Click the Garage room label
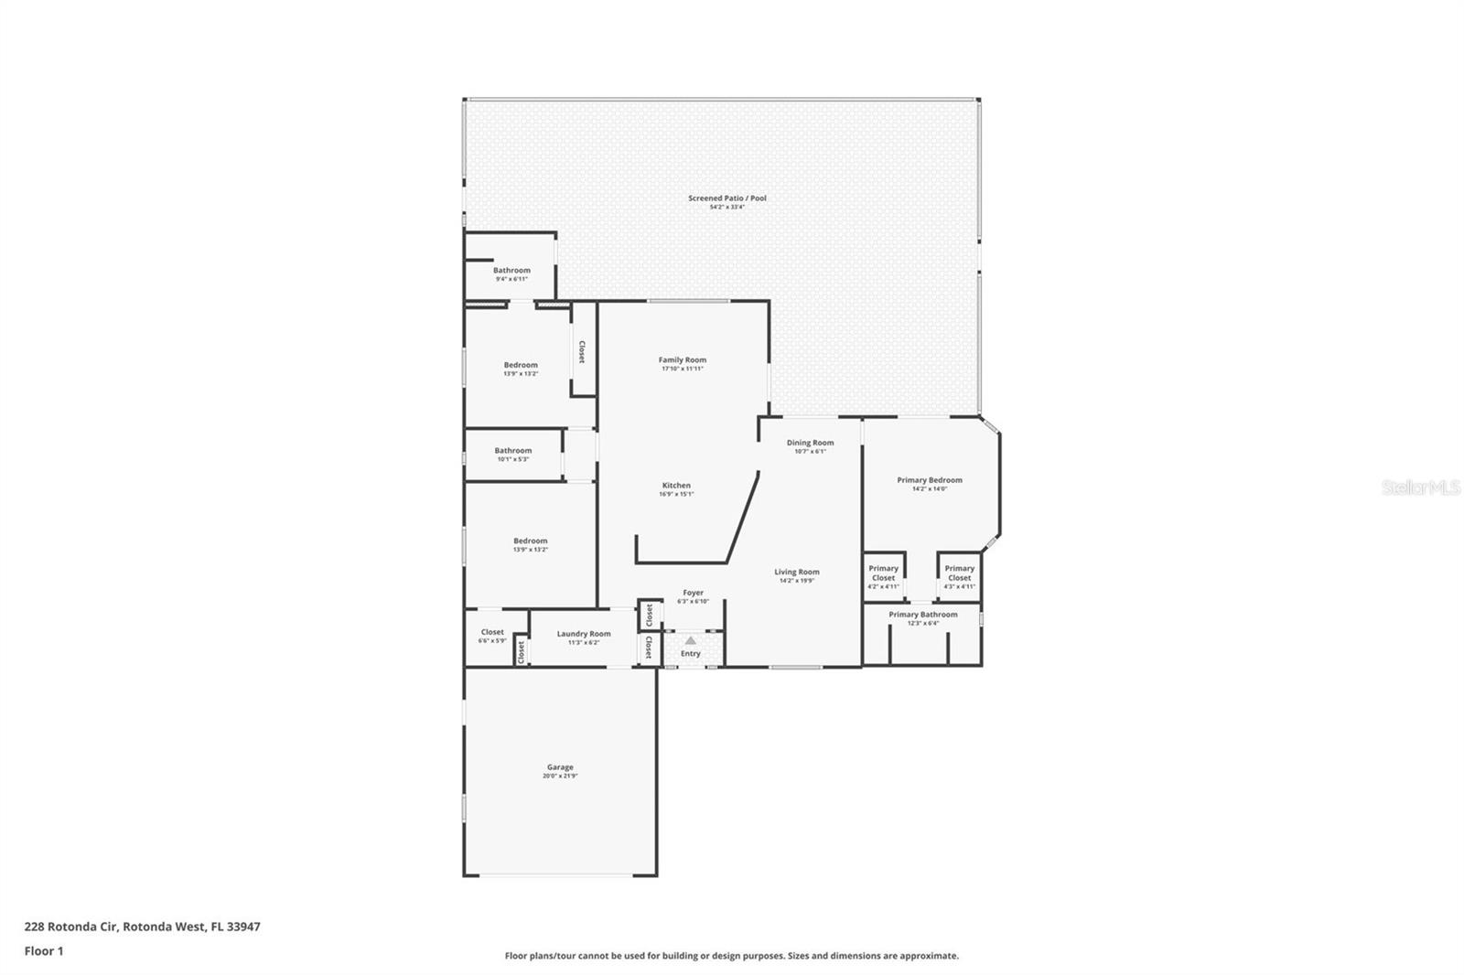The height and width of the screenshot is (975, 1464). (560, 767)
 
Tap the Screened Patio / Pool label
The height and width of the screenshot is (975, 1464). (727, 198)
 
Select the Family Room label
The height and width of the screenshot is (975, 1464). (683, 359)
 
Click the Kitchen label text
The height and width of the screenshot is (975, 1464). (676, 486)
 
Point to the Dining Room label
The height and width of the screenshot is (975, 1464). (810, 443)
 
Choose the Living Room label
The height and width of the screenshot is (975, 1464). (797, 572)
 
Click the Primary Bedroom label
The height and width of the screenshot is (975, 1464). (930, 480)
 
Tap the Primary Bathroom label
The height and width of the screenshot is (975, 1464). (923, 615)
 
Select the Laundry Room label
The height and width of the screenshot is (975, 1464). (584, 634)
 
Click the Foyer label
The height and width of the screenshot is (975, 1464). (694, 593)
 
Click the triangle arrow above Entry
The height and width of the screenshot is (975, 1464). (690, 640)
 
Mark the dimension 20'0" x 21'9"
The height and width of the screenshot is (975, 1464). (560, 777)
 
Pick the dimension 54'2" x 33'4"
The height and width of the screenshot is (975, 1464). (727, 208)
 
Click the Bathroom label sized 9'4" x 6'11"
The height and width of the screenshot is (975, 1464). (511, 270)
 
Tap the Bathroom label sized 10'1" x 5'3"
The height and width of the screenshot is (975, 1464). (513, 450)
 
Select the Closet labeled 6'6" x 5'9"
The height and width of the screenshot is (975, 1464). (492, 632)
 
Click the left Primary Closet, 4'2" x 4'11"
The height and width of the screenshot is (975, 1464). (883, 573)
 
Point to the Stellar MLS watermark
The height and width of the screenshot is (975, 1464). (1420, 488)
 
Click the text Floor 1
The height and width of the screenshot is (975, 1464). (44, 951)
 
